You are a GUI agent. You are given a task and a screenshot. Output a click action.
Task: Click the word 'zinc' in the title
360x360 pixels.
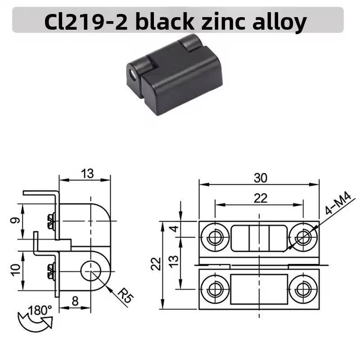pos(222,22)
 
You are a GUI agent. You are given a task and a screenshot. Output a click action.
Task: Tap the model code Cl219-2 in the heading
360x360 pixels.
pos(86,22)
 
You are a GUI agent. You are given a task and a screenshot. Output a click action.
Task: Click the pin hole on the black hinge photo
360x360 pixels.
pos(133,74)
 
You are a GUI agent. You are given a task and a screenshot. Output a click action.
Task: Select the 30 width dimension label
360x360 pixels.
pos(261,178)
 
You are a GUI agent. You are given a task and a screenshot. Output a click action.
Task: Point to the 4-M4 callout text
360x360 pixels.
pos(338,203)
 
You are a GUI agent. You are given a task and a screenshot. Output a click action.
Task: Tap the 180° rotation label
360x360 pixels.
pos(40,310)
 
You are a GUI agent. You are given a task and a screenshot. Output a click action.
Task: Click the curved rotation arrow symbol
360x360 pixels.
pos(35,321)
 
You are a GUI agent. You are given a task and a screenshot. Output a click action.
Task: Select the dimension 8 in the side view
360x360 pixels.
pos(75,301)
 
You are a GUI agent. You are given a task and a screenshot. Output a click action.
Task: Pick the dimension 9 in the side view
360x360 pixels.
pos(15,220)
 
